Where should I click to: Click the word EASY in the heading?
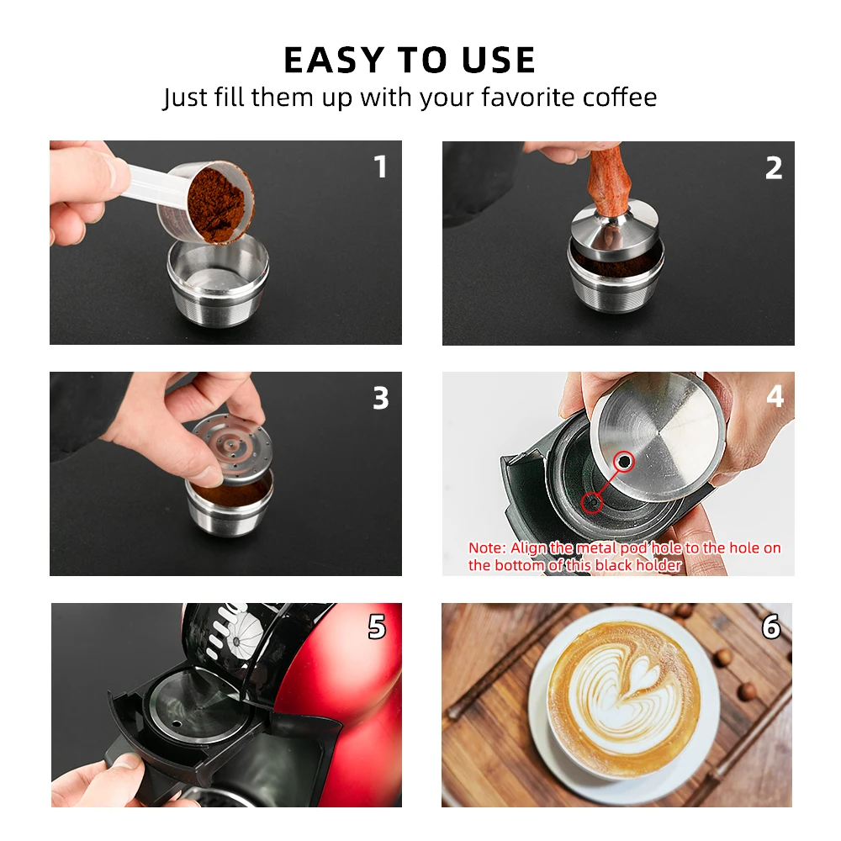[x=334, y=60]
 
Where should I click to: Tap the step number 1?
[x=380, y=167]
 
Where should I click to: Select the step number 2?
[x=774, y=168]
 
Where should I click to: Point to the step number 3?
[x=381, y=398]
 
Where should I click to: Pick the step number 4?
[x=775, y=396]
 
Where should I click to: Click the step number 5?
[x=377, y=627]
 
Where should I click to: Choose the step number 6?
[x=771, y=627]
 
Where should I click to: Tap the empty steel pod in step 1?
[x=219, y=282]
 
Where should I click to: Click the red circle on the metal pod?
[x=624, y=461]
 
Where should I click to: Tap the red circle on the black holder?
[x=593, y=502]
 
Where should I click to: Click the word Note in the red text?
[x=486, y=547]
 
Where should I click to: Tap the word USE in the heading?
[x=498, y=60]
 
